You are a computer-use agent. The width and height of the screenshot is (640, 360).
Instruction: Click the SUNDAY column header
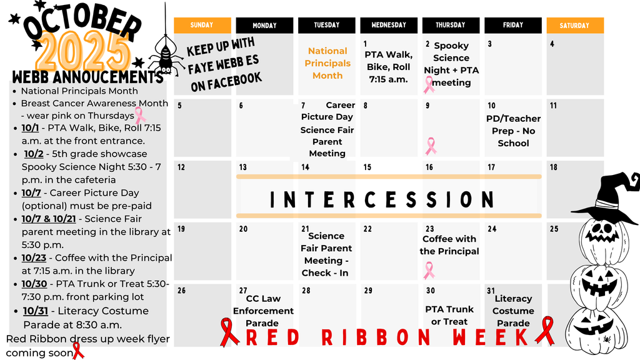202,25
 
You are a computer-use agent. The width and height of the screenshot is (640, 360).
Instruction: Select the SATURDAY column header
575,25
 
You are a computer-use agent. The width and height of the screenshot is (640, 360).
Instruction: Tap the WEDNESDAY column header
389,25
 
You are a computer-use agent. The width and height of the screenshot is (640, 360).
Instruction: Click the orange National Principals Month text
327,63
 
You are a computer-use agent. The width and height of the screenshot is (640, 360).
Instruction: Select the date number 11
553,106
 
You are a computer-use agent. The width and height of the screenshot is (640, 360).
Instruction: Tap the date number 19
181,229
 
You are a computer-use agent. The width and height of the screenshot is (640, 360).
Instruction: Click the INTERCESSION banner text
382,199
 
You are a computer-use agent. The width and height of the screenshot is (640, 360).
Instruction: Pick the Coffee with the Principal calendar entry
449,245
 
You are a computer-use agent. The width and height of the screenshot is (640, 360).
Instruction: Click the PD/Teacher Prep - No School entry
513,131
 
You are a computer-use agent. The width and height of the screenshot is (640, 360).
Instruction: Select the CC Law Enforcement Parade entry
263,311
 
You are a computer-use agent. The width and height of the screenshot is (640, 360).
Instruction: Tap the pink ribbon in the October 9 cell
431,146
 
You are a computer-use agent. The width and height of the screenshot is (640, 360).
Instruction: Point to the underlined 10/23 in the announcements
34,258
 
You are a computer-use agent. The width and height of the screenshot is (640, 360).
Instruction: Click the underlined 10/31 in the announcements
36,311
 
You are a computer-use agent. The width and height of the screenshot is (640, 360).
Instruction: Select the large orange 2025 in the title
83,51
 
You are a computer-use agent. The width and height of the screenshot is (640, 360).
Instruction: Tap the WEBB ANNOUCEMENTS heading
87,77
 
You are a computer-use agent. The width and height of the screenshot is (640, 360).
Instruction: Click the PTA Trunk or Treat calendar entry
449,315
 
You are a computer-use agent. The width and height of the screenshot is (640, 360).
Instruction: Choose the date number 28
306,291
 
